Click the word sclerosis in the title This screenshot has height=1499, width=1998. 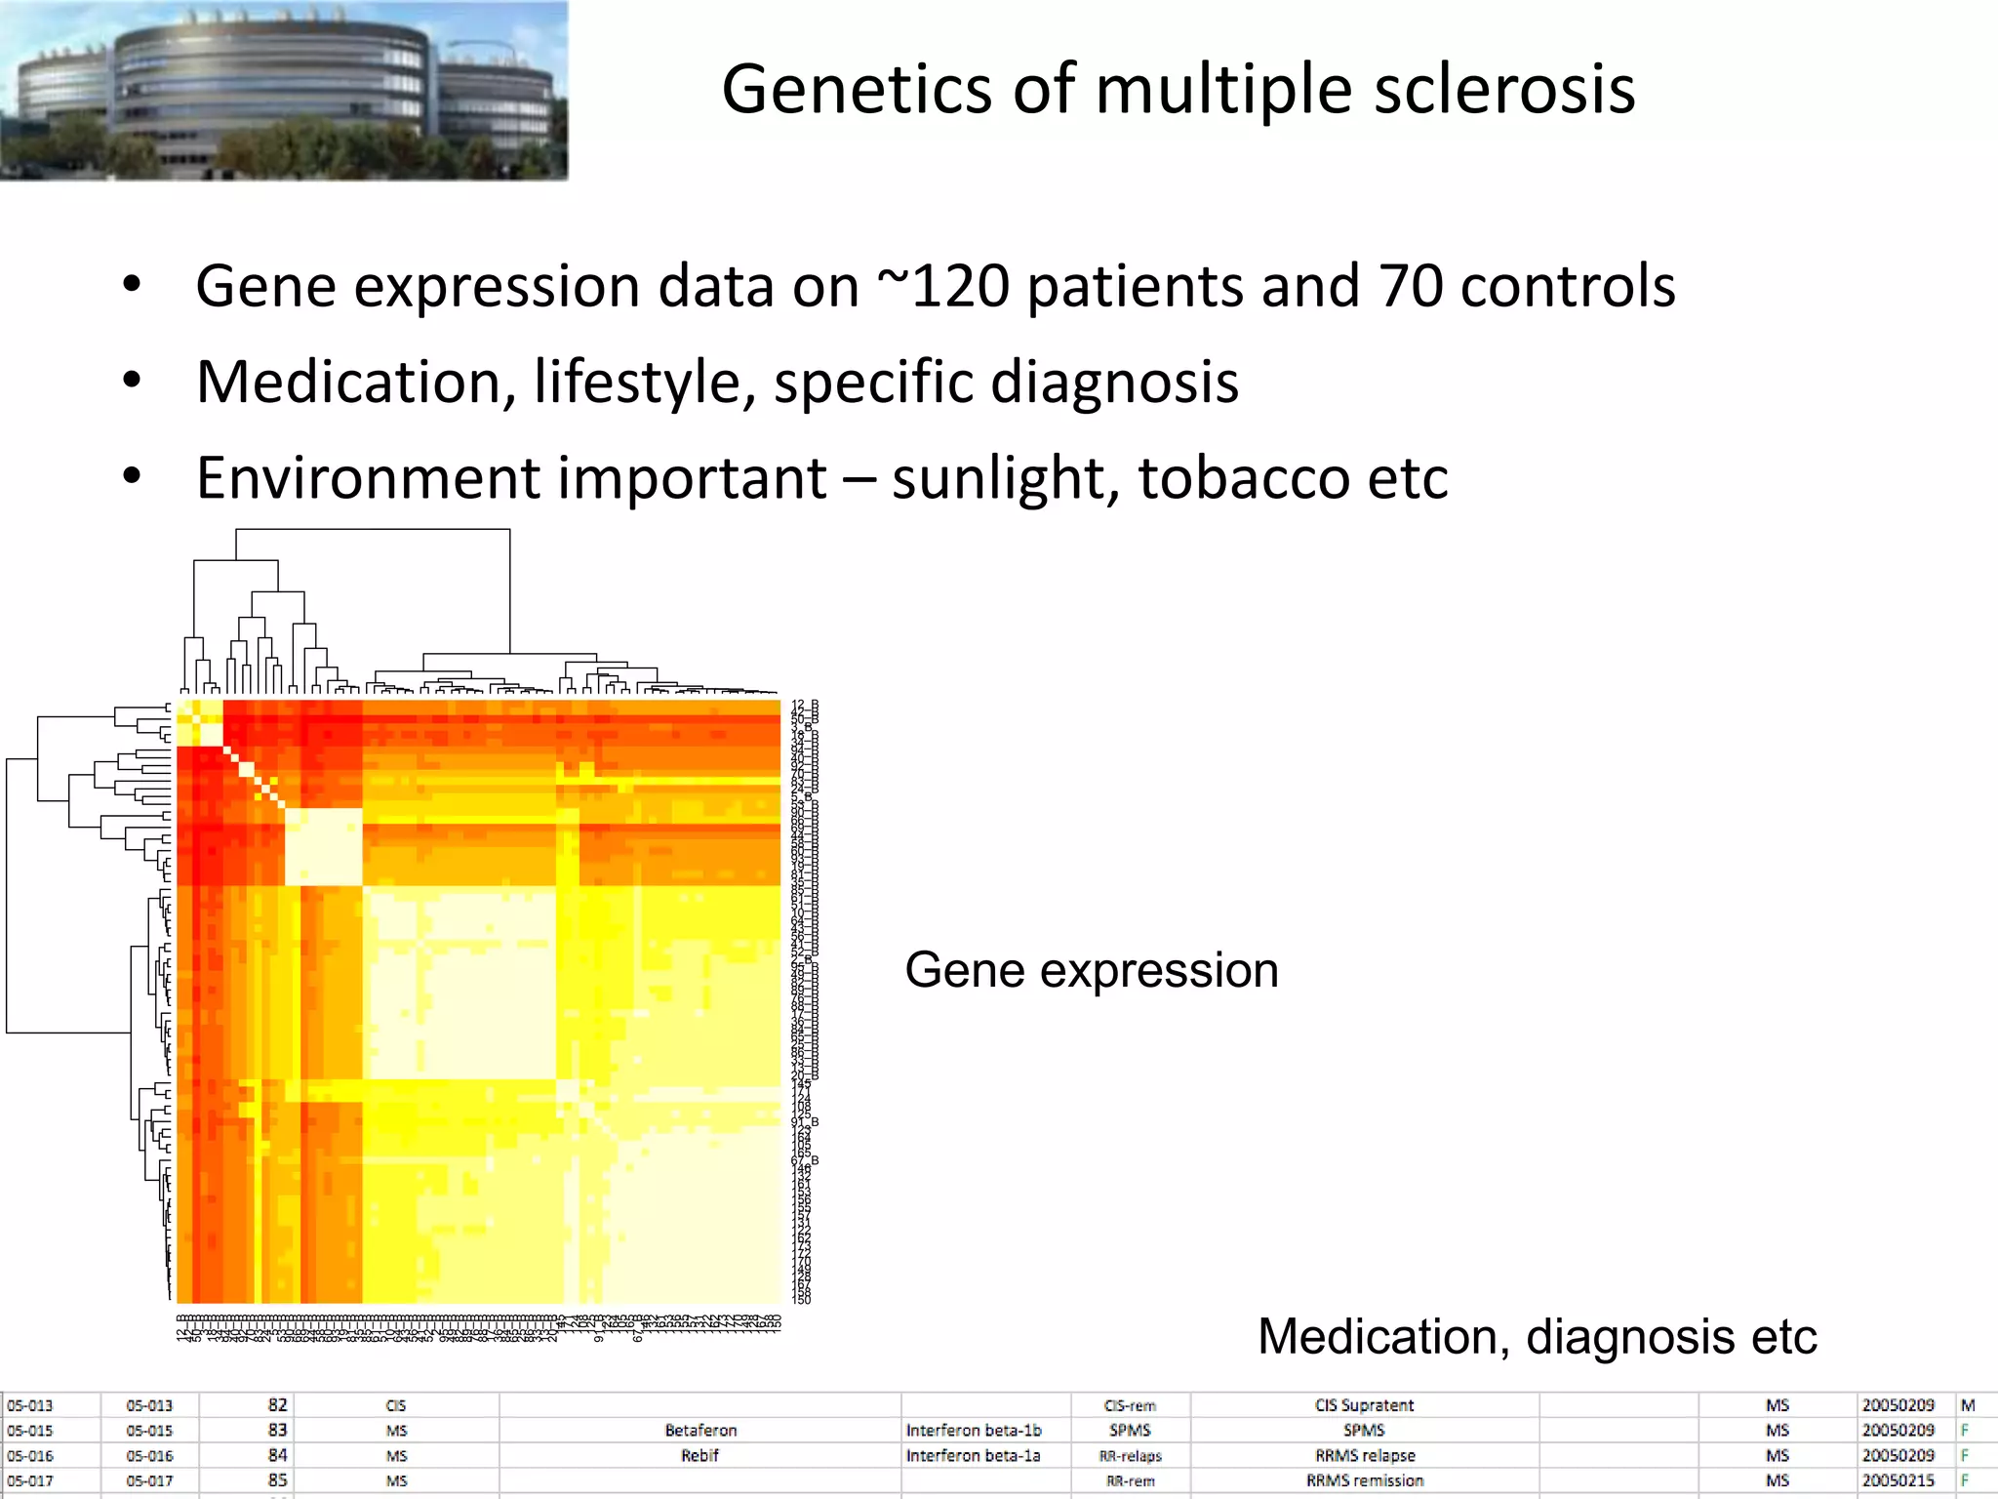[x=1503, y=90]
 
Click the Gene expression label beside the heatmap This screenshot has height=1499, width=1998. [x=1091, y=970]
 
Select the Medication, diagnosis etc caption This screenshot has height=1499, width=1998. [x=1537, y=1336]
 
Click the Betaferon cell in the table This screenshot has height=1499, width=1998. [x=700, y=1431]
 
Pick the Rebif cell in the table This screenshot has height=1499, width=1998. [x=699, y=1456]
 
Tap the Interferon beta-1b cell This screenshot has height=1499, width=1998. [x=974, y=1431]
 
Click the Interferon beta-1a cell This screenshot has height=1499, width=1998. [x=973, y=1456]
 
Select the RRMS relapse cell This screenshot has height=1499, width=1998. [x=1364, y=1456]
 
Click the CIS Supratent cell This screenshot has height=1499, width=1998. [x=1364, y=1405]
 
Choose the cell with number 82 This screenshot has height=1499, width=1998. [x=277, y=1405]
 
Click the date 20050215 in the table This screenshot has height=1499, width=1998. [x=1898, y=1480]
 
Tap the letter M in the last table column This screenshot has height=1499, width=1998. [x=1968, y=1405]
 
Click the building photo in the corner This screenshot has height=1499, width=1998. [x=283, y=90]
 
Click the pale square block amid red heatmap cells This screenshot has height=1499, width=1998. [x=323, y=846]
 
